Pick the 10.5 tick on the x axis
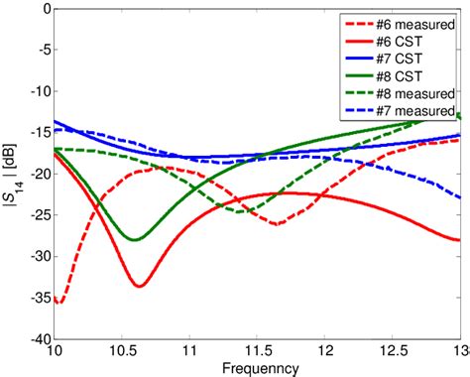click(123, 350)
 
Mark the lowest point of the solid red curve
click(140, 286)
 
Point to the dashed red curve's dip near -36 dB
click(59, 303)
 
